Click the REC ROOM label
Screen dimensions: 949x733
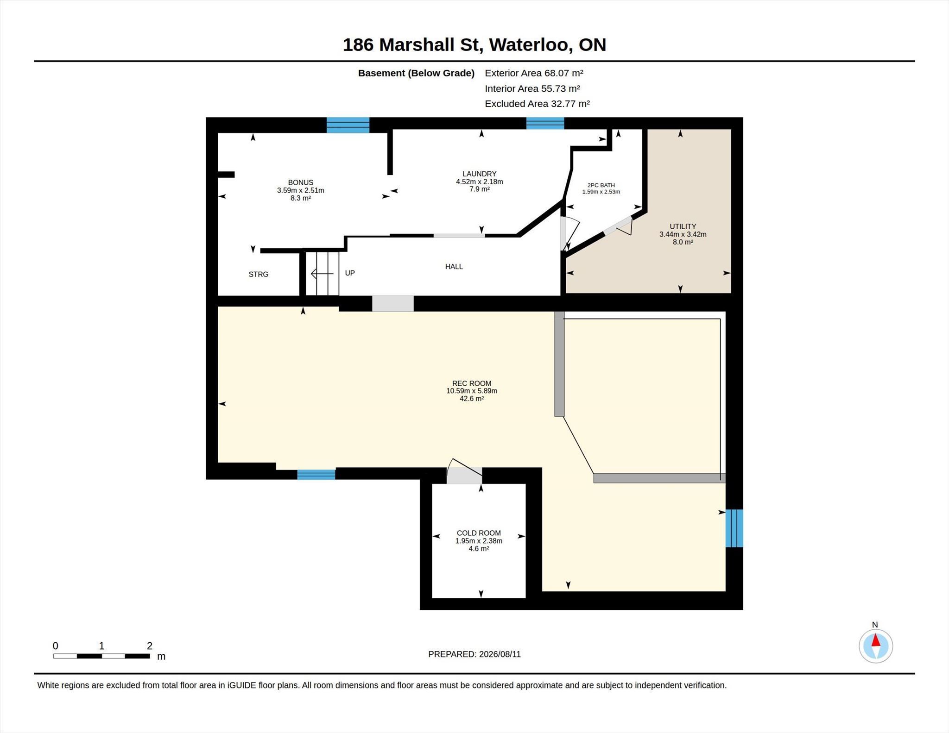pos(472,383)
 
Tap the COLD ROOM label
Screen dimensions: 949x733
pos(479,533)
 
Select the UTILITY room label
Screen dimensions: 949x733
pos(683,226)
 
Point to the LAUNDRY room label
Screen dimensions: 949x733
pos(480,174)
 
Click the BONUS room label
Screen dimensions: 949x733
pos(301,182)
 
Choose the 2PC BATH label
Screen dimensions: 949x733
pos(601,185)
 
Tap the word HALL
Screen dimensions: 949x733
pos(454,267)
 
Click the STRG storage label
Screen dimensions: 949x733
pos(259,275)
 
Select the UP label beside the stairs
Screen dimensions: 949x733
pos(350,273)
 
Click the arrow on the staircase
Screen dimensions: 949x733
pos(322,274)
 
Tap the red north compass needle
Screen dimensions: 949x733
pos(876,640)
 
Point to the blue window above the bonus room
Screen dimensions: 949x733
pos(348,125)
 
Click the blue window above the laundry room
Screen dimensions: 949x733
pos(545,123)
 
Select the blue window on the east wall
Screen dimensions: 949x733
pos(734,528)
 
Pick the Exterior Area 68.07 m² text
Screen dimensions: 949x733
pos(534,73)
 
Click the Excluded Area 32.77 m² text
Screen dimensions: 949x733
pos(537,104)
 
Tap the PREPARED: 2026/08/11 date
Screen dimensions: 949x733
pos(474,654)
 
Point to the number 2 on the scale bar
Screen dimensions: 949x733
pos(150,646)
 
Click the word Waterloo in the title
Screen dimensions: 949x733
pos(528,45)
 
